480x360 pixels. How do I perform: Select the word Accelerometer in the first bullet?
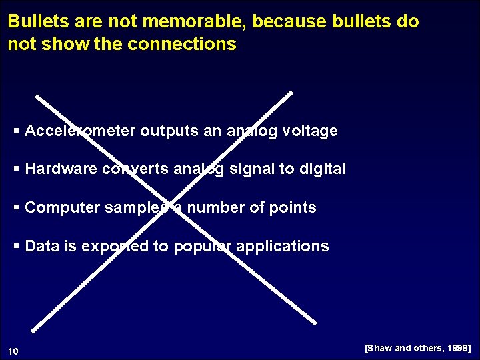(x=80, y=131)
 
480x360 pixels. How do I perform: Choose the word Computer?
(x=62, y=208)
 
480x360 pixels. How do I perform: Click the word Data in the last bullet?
(x=42, y=247)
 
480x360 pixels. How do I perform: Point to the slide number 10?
(x=14, y=351)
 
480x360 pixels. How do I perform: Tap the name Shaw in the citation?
(x=381, y=348)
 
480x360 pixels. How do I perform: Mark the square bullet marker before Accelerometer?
(x=17, y=131)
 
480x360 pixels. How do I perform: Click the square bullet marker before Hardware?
(x=17, y=169)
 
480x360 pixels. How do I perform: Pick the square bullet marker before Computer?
(x=17, y=208)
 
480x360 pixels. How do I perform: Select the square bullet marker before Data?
(x=17, y=247)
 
